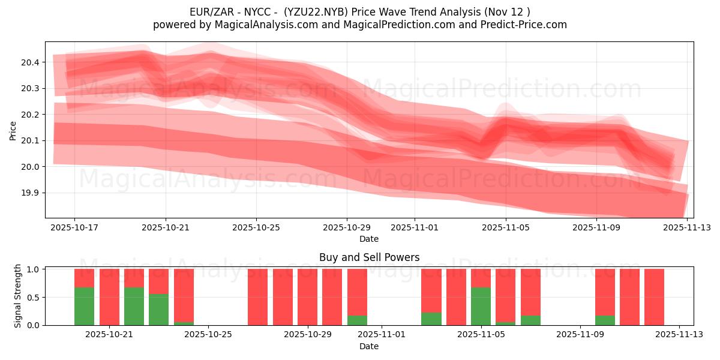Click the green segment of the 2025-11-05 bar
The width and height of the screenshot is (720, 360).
pos(481,306)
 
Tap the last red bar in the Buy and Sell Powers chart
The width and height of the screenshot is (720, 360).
pos(654,297)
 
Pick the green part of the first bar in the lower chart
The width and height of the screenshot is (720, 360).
pos(84,306)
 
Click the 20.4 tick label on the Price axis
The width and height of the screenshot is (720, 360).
pos(30,62)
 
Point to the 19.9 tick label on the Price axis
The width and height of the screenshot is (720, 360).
pos(30,193)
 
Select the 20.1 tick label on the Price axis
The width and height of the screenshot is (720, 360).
pos(30,140)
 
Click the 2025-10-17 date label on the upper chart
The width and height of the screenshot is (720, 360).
pos(75,228)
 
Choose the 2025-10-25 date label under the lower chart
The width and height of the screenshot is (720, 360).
pos(208,335)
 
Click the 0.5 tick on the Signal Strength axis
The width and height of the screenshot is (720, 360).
pos(33,297)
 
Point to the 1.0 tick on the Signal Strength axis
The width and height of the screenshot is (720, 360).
pos(33,269)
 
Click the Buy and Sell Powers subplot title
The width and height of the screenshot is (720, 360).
pos(369,257)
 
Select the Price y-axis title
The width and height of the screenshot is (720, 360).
pos(13,130)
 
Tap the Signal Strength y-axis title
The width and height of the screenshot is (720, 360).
pos(18,296)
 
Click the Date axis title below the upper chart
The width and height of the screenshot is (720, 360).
pos(368,239)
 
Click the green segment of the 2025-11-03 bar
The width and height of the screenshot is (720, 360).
pos(431,319)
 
